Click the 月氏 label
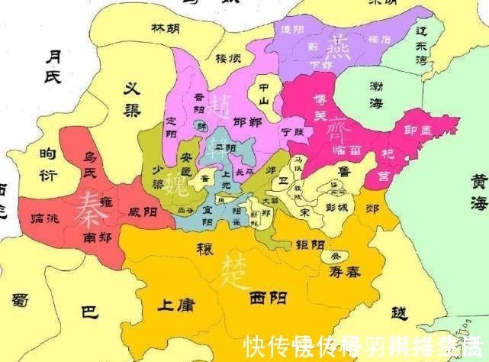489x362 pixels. [x=53, y=66]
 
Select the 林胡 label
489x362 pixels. [x=166, y=29]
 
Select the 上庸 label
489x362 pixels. [x=176, y=306]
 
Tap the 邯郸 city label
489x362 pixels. [x=249, y=121]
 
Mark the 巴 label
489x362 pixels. [x=89, y=312]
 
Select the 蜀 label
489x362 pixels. [x=22, y=300]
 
